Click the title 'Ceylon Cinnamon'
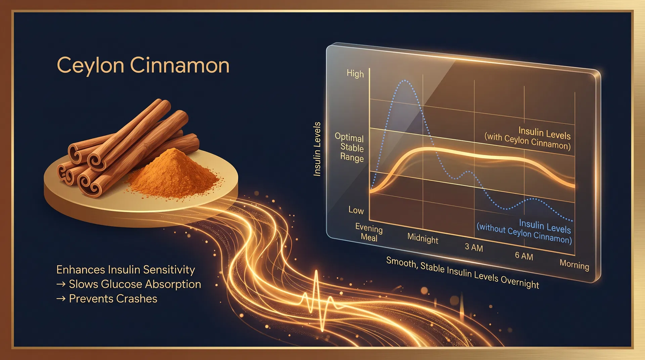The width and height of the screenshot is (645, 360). pyautogui.click(x=143, y=65)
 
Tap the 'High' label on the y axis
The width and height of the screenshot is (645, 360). pyautogui.click(x=355, y=74)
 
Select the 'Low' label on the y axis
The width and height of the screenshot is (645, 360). pyautogui.click(x=356, y=210)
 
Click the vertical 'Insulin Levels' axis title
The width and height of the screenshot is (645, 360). pyautogui.click(x=317, y=149)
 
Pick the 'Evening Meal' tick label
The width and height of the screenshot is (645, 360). pyautogui.click(x=369, y=233)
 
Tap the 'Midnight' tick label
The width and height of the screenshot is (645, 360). pyautogui.click(x=423, y=238)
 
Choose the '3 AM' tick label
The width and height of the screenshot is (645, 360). pyautogui.click(x=474, y=248)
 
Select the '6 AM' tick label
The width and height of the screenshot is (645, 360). pyautogui.click(x=524, y=256)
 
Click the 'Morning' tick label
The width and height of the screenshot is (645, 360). pyautogui.click(x=574, y=265)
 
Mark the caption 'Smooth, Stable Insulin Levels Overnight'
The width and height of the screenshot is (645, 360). pyautogui.click(x=462, y=272)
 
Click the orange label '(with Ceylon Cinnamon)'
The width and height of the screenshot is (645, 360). pyautogui.click(x=527, y=141)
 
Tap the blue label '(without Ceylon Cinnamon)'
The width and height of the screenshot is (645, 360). pyautogui.click(x=524, y=233)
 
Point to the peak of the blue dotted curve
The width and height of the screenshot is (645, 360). pyautogui.click(x=405, y=81)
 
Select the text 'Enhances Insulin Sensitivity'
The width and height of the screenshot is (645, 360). pyautogui.click(x=126, y=270)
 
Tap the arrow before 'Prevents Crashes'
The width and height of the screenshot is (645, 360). pyautogui.click(x=61, y=299)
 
